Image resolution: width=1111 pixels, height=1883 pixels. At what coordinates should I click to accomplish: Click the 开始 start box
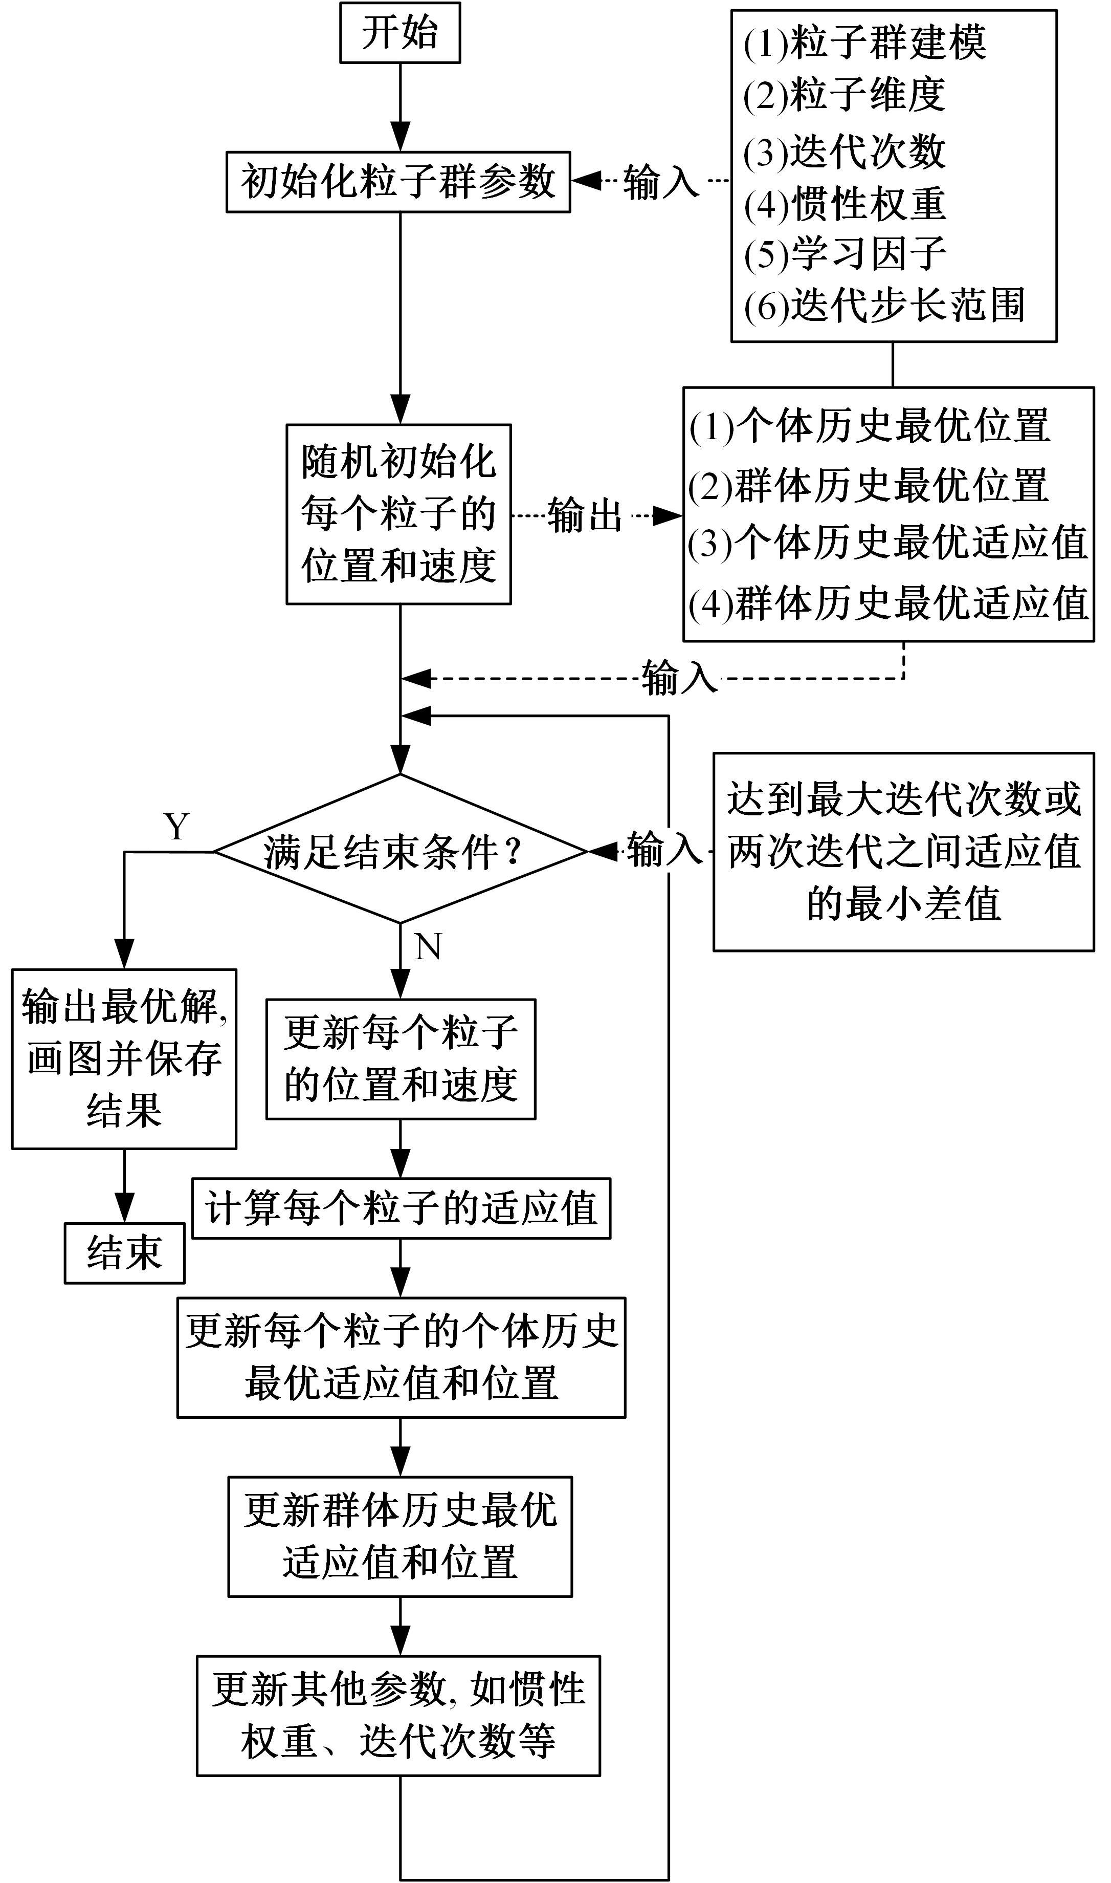coord(400,33)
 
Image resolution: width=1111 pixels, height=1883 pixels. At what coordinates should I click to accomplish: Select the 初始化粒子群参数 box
coord(398,182)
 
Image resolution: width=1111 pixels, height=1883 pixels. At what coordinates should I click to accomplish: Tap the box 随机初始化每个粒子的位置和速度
coord(398,514)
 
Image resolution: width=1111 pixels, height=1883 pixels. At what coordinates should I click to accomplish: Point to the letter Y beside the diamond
coord(176,827)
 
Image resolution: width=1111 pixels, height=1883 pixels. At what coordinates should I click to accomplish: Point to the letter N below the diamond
coord(428,947)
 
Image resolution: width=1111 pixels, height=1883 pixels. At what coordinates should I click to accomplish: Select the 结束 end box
coord(124,1253)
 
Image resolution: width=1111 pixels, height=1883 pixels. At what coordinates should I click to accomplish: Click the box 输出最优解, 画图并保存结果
coord(124,1058)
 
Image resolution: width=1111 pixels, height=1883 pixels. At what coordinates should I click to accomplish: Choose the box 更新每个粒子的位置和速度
coord(401,1058)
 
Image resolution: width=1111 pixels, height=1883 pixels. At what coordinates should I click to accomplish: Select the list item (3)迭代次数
coord(845,151)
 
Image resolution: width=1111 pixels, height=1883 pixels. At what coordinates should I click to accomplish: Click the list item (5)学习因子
coord(845,254)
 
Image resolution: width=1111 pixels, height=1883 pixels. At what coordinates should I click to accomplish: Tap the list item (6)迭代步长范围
coord(883,306)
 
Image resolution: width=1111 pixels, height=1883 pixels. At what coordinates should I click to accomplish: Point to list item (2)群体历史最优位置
coord(869,485)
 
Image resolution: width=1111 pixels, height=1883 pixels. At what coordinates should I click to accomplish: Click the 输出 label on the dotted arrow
coord(585,515)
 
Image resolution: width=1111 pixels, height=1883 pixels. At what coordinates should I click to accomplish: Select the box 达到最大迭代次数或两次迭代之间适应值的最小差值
coord(904,852)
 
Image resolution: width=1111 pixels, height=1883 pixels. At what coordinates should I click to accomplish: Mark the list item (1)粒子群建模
coord(864,42)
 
